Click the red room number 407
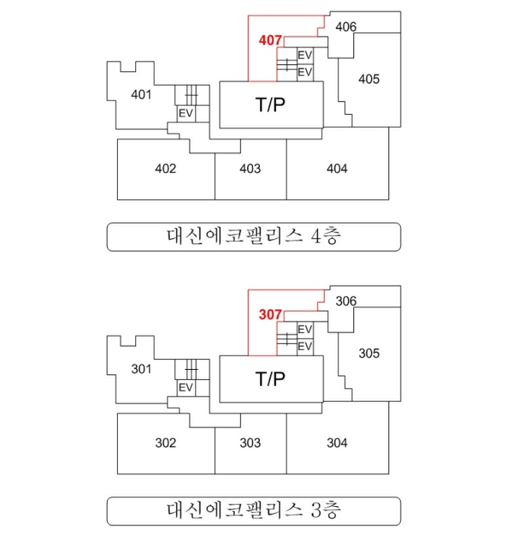point(270,41)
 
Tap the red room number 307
point(270,315)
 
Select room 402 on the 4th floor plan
point(166,168)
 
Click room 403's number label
point(250,168)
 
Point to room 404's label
point(337,168)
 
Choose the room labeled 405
point(369,79)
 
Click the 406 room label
point(346,27)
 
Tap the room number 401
point(141,94)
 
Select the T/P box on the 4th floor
point(271,105)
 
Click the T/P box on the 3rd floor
point(271,379)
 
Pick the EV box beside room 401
point(186,113)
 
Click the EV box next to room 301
point(186,388)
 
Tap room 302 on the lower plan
point(166,443)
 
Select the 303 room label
point(250,443)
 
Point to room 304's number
point(337,443)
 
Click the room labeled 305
point(369,354)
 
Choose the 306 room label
point(346,301)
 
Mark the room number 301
point(141,369)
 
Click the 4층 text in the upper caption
point(326,236)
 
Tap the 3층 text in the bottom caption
point(326,511)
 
